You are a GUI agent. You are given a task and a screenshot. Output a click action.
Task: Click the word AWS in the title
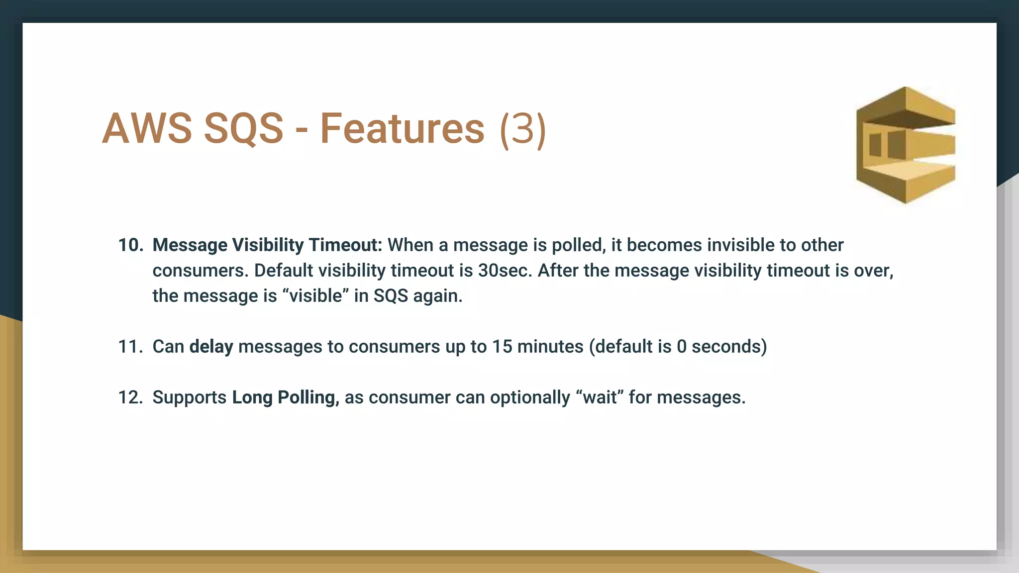coord(147,128)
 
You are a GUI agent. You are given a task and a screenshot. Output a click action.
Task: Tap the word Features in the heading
coord(402,128)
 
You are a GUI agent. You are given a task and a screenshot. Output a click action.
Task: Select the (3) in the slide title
coord(523,129)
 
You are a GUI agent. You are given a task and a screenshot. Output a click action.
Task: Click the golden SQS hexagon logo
coord(905,145)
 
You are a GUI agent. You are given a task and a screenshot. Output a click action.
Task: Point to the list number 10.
coord(130,245)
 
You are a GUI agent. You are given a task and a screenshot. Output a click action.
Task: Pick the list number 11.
coord(130,347)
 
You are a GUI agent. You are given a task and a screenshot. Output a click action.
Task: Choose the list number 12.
coord(130,397)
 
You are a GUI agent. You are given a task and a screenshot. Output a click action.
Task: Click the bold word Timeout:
coord(345,245)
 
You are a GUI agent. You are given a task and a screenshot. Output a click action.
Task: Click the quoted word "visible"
coord(315,296)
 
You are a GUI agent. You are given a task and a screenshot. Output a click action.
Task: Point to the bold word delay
coord(211,347)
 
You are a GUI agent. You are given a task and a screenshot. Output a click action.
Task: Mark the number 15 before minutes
coord(502,347)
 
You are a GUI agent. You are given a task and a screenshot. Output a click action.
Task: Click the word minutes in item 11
coord(550,347)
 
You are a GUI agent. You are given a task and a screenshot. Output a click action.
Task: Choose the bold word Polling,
coord(308,397)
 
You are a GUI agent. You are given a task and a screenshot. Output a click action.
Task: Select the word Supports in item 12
coord(190,397)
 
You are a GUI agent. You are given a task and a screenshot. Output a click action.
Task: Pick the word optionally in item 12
coord(530,397)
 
